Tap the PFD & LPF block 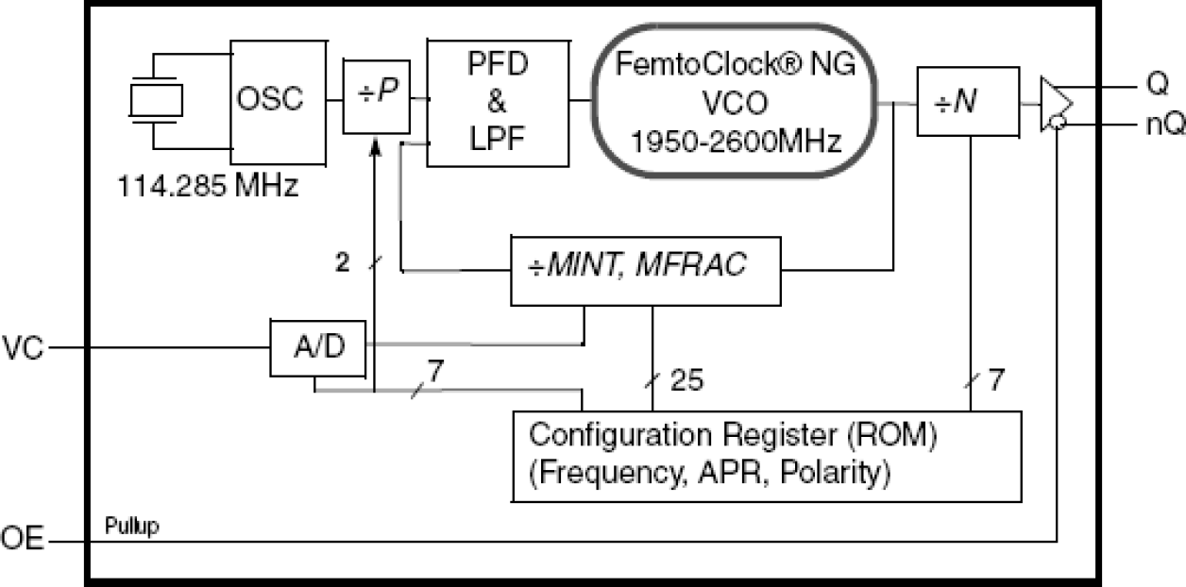pyautogui.click(x=498, y=103)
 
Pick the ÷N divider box pyautogui.click(x=968, y=101)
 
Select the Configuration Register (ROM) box pyautogui.click(x=766, y=455)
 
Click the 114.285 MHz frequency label pyautogui.click(x=208, y=185)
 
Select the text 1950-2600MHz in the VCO pyautogui.click(x=736, y=142)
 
